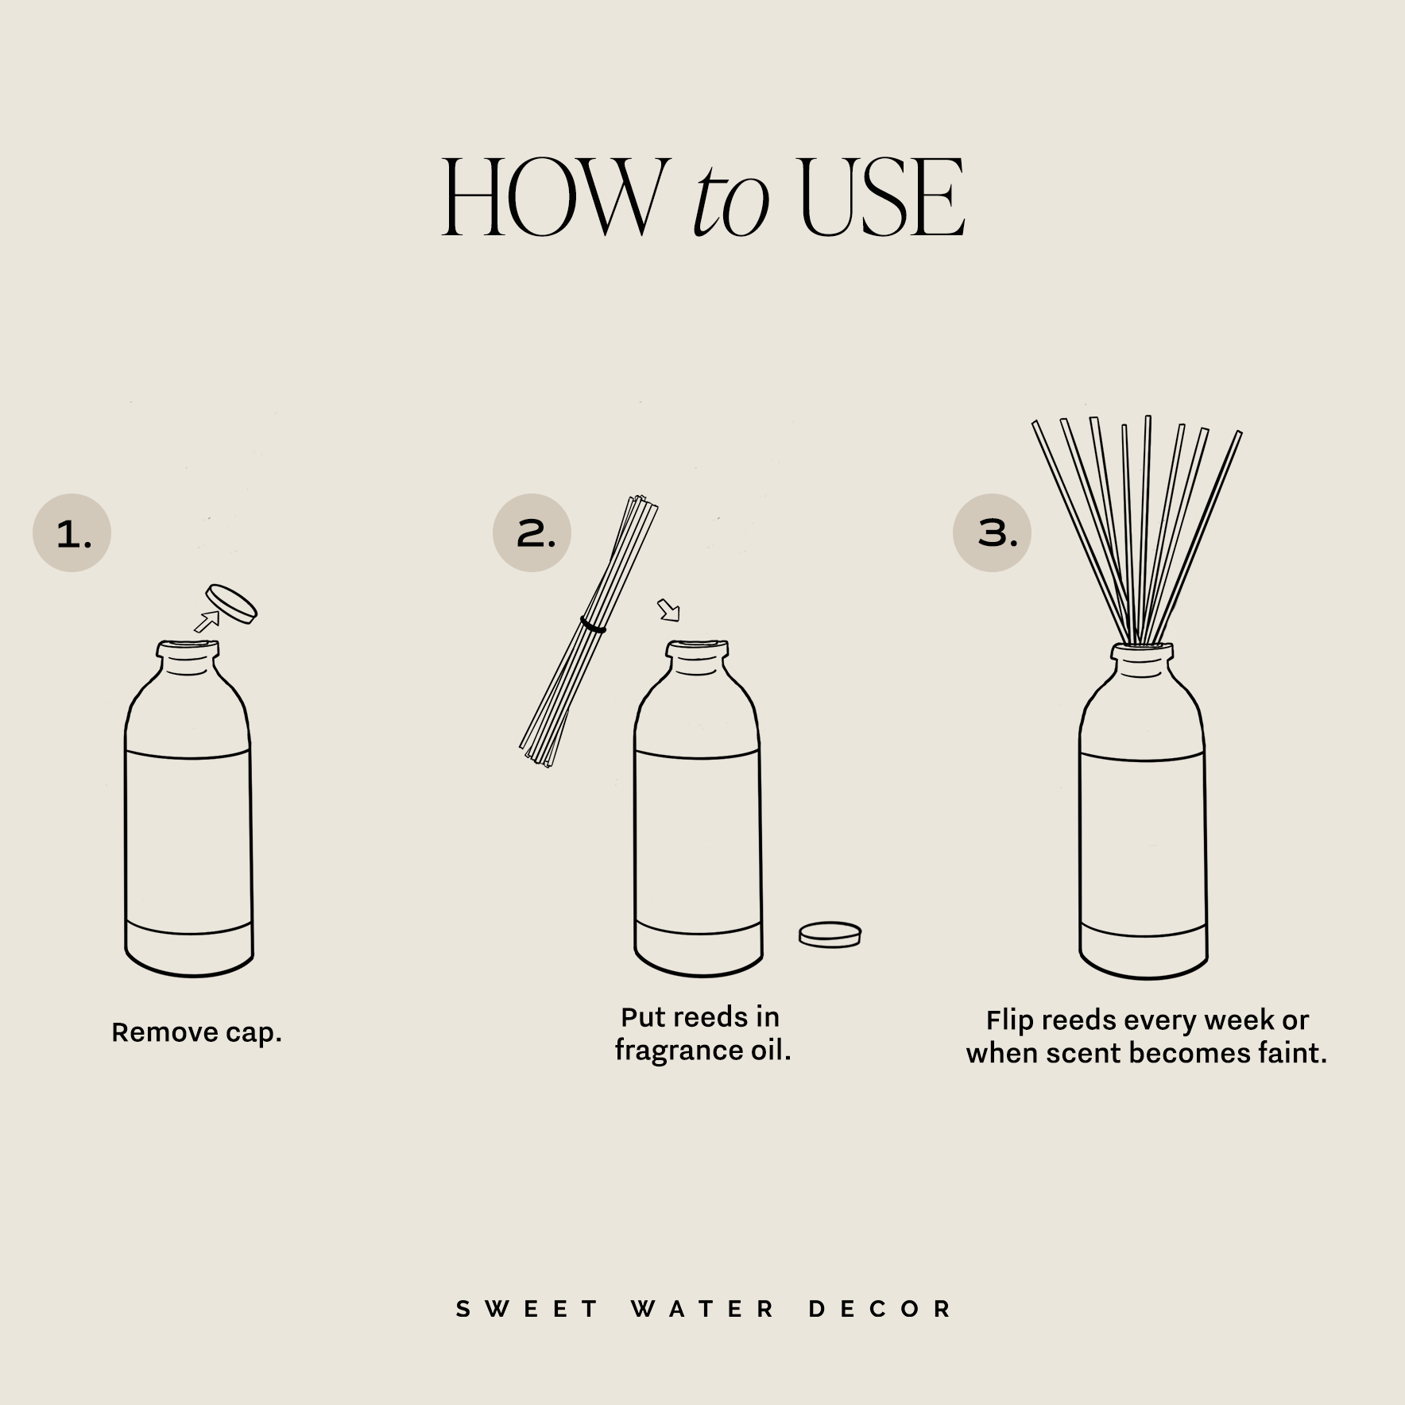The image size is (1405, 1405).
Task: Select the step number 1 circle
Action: point(72,533)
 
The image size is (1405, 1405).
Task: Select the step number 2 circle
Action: point(532,532)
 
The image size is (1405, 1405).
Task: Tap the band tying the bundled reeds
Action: point(593,625)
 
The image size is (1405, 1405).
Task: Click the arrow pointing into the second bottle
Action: point(669,610)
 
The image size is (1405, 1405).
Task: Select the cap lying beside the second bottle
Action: point(830,934)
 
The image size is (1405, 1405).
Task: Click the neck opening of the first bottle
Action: point(188,648)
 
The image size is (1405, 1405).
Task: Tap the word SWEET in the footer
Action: point(526,1309)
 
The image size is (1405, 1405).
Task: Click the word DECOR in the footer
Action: point(881,1309)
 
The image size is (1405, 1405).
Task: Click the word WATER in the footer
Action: point(703,1309)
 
